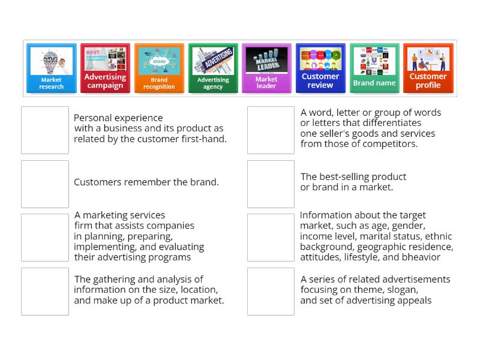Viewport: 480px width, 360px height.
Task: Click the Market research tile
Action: (52, 68)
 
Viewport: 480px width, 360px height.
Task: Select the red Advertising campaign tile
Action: (105, 68)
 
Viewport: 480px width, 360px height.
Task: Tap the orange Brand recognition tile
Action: (159, 68)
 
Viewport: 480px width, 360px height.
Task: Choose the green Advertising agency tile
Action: (213, 68)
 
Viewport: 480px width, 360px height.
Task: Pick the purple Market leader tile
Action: (266, 68)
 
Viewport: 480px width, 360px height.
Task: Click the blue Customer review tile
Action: (320, 68)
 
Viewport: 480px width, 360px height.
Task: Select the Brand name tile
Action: (374, 68)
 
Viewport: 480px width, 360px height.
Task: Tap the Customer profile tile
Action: (428, 68)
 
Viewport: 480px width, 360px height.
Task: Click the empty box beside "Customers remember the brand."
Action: (45, 184)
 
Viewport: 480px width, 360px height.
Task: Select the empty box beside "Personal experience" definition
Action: (45, 130)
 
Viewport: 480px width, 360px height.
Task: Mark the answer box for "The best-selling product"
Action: (271, 184)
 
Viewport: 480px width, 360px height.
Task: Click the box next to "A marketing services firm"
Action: (45, 238)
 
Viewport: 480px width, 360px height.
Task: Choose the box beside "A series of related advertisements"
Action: (271, 291)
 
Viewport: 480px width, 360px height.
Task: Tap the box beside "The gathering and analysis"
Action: (45, 291)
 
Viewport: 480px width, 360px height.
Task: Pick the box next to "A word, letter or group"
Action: (271, 130)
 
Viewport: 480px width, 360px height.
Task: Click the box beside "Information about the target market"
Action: (271, 238)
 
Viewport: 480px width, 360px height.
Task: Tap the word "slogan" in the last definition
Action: (401, 290)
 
